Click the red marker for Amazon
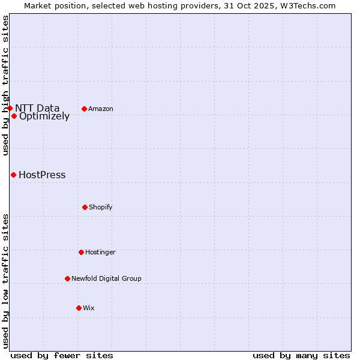click(85, 109)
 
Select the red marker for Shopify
click(85, 207)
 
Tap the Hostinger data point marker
click(81, 252)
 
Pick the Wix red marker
click(79, 308)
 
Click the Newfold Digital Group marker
click(67, 278)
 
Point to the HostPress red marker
click(13, 175)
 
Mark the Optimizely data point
click(14, 116)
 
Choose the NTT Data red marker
click(10, 108)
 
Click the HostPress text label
click(42, 175)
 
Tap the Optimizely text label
click(44, 116)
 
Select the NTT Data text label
click(37, 109)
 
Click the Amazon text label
click(101, 109)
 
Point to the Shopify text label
click(101, 208)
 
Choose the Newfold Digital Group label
click(106, 278)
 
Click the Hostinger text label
click(100, 253)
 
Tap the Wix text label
click(89, 308)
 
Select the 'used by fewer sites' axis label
click(62, 355)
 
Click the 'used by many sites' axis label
click(301, 355)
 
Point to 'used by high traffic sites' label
click(5, 85)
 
